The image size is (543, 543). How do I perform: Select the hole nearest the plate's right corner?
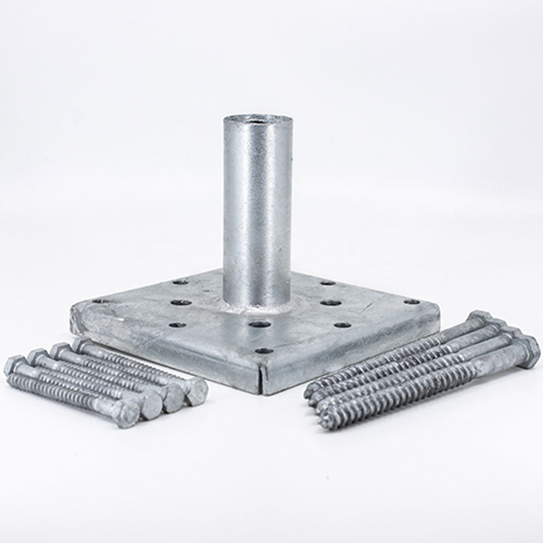pyautogui.click(x=410, y=302)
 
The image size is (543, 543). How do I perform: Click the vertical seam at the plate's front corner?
pyautogui.click(x=263, y=380)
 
